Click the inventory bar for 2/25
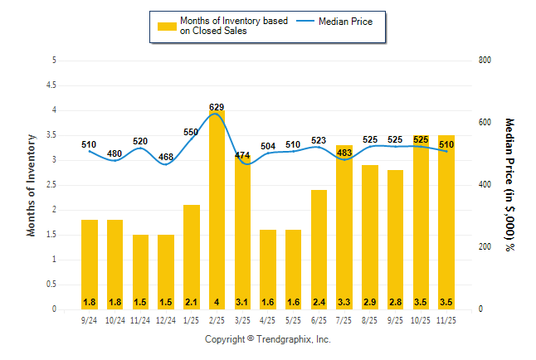[217, 216]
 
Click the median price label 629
[217, 107]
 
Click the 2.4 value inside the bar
[319, 301]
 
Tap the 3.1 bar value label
[242, 301]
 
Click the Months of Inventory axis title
[32, 185]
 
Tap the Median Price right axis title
[509, 184]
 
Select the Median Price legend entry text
[349, 21]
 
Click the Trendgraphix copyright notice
[268, 339]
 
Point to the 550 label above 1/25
[192, 132]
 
